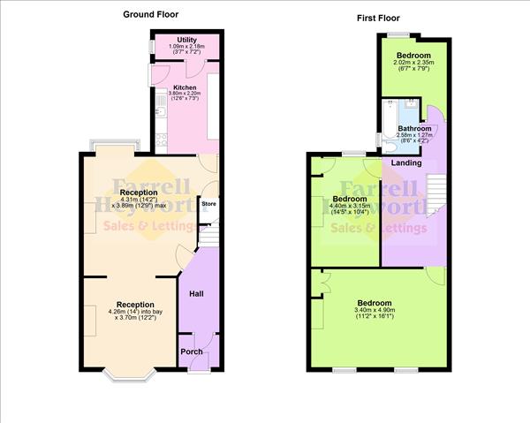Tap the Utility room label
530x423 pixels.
186,41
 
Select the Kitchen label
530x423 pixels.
185,87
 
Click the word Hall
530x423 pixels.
198,294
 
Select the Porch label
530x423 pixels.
192,351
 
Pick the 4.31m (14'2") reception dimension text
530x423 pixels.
139,200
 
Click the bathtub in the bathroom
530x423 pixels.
390,124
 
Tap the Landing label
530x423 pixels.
405,162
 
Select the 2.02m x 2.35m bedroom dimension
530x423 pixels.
413,63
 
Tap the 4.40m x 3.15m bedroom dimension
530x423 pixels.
349,208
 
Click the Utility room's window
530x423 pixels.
153,45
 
